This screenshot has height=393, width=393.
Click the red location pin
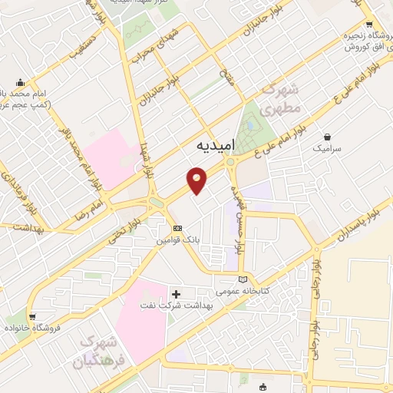197,180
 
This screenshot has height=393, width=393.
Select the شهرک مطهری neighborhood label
279,101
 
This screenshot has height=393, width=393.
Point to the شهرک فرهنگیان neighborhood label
94,351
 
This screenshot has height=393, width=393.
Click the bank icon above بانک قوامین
177,228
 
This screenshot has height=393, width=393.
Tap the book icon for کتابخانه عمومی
243,279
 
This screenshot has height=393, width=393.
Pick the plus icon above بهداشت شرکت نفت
177,293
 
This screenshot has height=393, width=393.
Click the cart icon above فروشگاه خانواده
32,316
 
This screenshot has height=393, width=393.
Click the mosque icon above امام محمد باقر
21,82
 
